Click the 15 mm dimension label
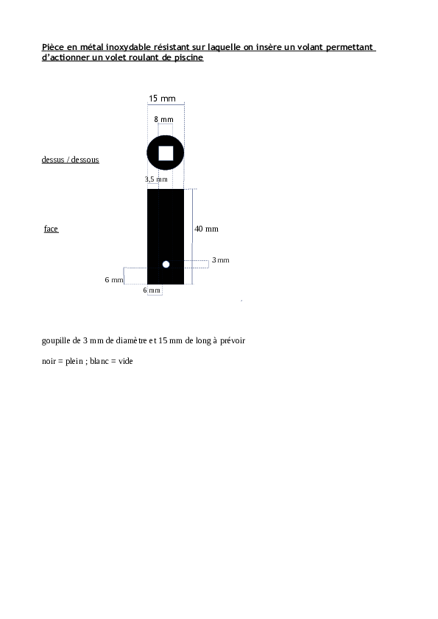click(162, 99)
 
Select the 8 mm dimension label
click(163, 119)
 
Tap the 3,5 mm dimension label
click(156, 179)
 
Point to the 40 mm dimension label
click(206, 229)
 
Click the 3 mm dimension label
click(221, 260)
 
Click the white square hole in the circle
click(166, 153)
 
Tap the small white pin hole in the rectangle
click(166, 264)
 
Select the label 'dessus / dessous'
click(71, 160)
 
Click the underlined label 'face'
click(51, 229)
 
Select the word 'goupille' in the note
click(56, 340)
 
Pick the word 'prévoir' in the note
click(233, 340)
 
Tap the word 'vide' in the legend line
click(126, 361)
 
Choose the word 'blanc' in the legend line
click(99, 361)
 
